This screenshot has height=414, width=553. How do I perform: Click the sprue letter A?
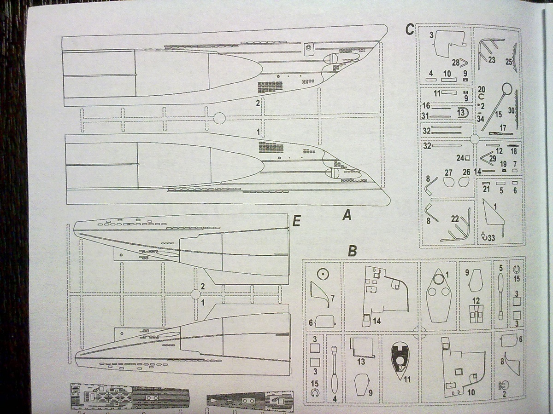pyautogui.click(x=347, y=215)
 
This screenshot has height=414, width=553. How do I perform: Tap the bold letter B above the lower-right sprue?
pyautogui.click(x=352, y=251)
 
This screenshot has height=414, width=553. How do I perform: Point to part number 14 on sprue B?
pyautogui.click(x=377, y=321)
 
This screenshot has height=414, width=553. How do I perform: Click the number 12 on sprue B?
pyautogui.click(x=475, y=300)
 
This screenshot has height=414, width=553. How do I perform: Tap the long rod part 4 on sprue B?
pyautogui.click(x=334, y=373)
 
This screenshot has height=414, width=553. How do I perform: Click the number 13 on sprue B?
pyautogui.click(x=360, y=362)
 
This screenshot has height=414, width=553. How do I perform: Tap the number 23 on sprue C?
pyautogui.click(x=492, y=60)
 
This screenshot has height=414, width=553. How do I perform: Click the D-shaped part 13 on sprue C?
pyautogui.click(x=462, y=112)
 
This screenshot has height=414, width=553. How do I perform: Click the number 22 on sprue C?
pyautogui.click(x=455, y=219)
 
